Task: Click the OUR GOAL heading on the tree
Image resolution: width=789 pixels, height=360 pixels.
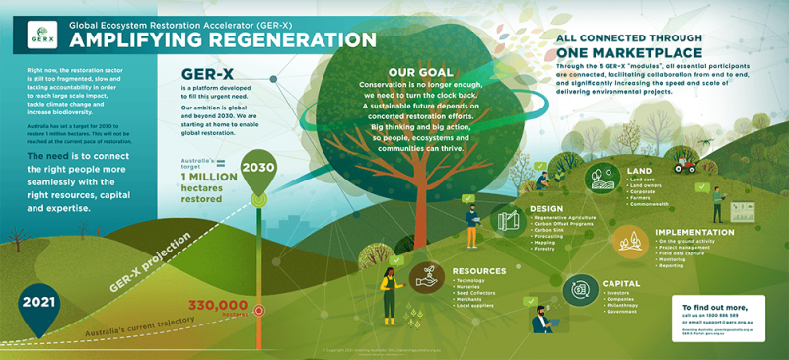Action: coord(421,72)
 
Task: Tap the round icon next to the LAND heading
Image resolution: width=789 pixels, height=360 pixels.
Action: coord(602,179)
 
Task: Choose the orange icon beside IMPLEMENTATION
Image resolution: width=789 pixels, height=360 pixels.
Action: coord(629,242)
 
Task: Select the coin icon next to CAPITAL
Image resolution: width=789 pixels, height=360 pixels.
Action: coord(579,289)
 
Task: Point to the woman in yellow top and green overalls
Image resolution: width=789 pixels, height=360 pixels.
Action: coord(388,294)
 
